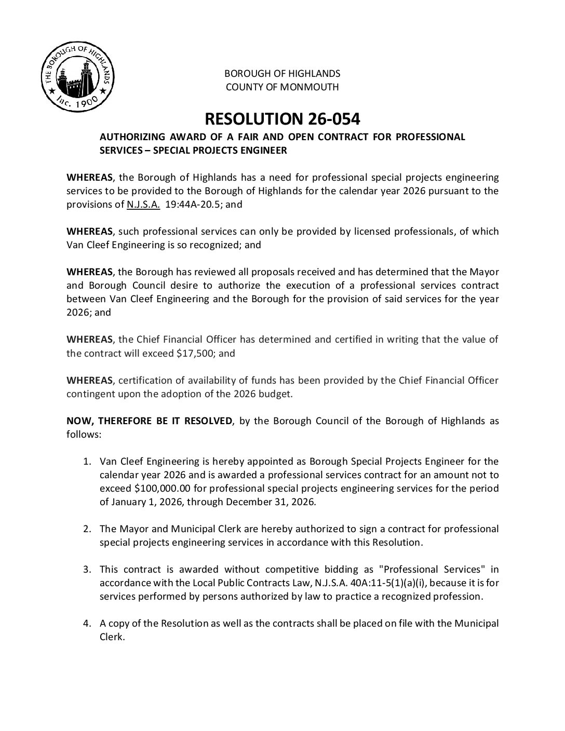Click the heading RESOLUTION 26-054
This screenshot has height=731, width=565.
coord(282,119)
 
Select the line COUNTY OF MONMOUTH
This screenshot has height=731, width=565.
coord(282,87)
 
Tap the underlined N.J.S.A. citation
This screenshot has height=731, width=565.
coord(143,205)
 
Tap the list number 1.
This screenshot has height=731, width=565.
coord(89,462)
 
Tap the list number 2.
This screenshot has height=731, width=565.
coord(89,529)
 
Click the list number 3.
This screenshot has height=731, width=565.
coord(89,570)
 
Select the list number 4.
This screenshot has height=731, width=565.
coord(89,624)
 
